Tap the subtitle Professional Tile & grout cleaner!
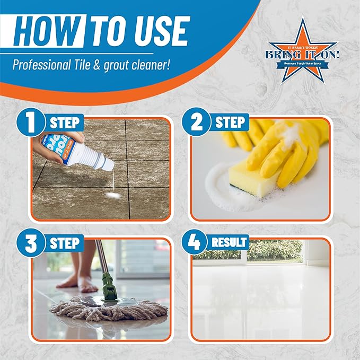[91, 66]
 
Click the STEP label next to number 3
[66, 243]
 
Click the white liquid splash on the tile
[113, 196]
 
